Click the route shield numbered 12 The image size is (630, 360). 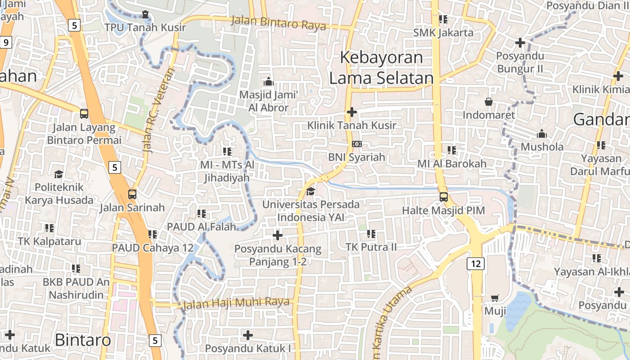point(476,264)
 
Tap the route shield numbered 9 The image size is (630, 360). point(5,43)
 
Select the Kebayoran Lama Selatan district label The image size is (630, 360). point(381,68)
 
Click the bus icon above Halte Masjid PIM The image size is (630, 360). point(443,197)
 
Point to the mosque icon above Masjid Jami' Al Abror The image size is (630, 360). point(269,81)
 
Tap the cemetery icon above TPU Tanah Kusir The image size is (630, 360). point(145,14)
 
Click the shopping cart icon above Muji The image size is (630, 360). point(495,297)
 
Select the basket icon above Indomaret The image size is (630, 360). point(488,102)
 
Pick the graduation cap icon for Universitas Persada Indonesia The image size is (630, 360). point(310,192)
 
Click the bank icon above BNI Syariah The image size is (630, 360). point(356,144)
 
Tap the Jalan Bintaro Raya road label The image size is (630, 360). point(279,23)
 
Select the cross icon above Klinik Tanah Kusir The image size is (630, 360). point(352,112)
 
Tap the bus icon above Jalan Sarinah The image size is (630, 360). point(132,194)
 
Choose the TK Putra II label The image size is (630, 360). point(371,247)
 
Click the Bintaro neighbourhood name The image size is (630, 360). point(83,340)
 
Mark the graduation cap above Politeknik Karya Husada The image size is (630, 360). point(58,174)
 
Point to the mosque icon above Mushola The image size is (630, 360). point(542,134)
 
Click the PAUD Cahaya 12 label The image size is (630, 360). point(153,248)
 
